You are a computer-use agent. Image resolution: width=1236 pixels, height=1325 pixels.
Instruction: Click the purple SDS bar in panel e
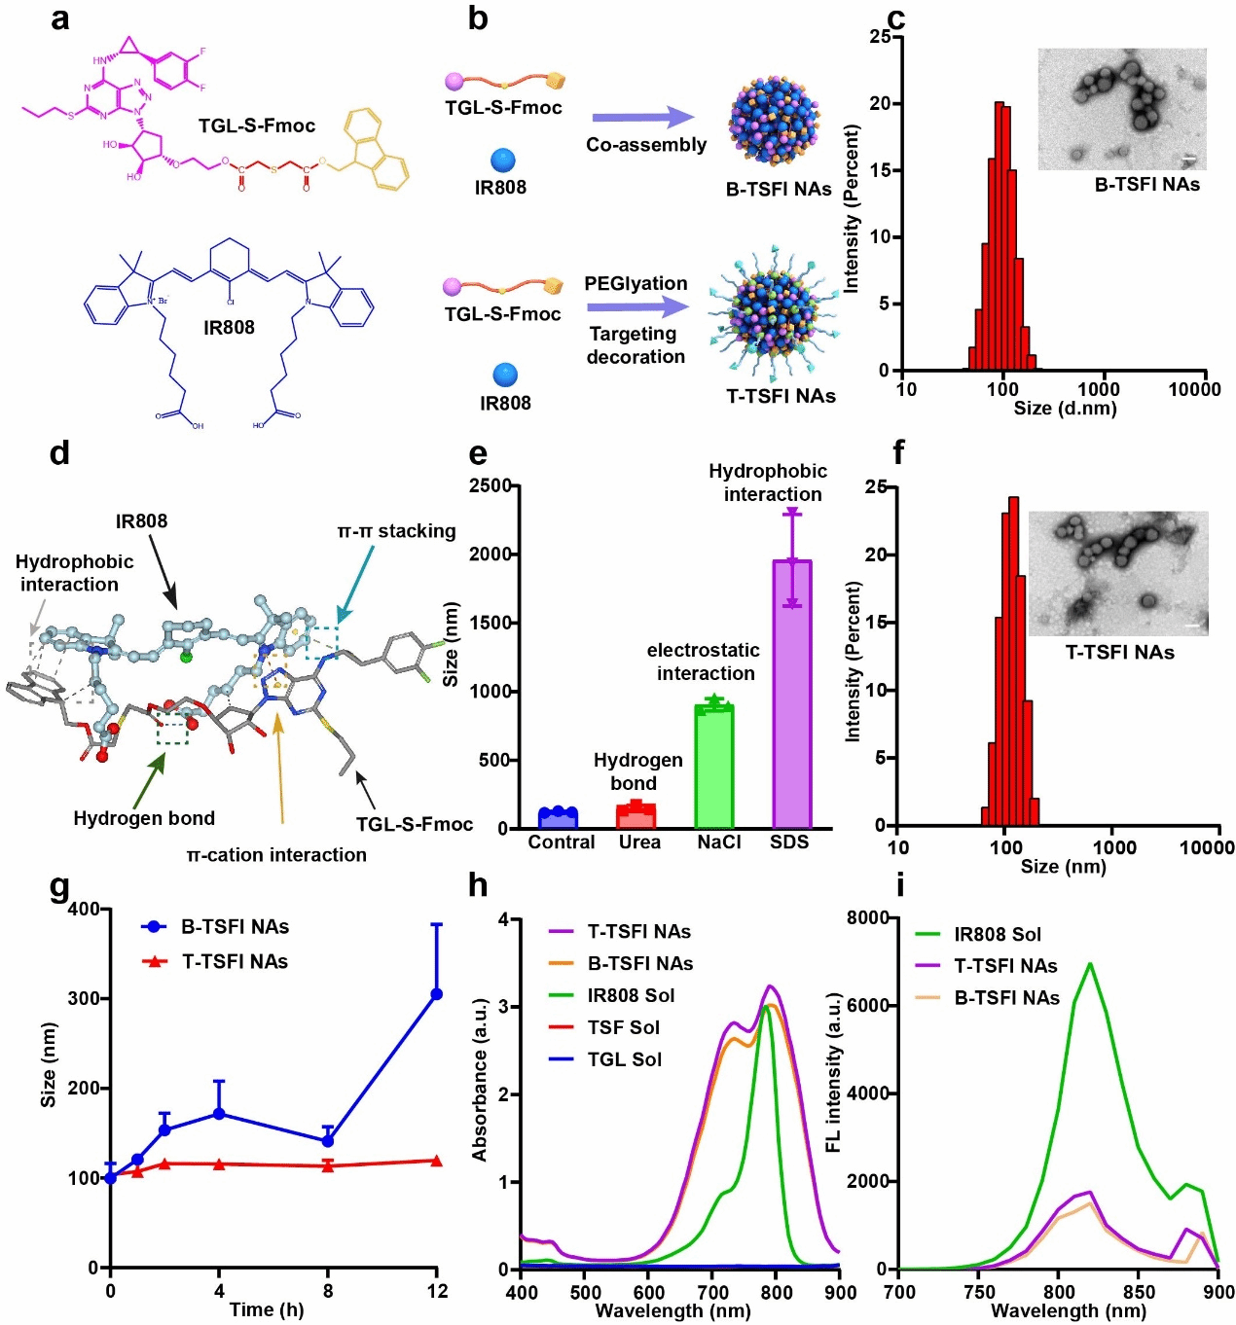click(791, 696)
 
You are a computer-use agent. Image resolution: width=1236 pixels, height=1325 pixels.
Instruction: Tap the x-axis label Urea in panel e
click(639, 842)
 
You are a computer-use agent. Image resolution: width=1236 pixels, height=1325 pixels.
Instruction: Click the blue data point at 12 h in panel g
click(436, 993)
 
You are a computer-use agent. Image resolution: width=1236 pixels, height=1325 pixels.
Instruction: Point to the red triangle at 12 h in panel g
click(436, 1161)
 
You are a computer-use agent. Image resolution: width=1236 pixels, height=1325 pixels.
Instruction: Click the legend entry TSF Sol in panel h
click(623, 1027)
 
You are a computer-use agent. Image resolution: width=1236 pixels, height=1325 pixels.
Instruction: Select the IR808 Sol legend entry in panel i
click(997, 934)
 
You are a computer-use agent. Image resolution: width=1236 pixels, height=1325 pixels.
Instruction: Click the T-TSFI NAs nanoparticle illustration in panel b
click(775, 306)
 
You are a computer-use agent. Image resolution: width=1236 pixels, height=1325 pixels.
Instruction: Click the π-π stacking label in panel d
click(396, 531)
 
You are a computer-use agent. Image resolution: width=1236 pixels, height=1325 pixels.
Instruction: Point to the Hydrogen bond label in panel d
click(144, 818)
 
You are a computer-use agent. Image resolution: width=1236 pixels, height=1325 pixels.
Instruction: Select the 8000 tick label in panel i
click(867, 917)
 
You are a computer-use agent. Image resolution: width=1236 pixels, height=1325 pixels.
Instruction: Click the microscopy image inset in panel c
click(1121, 109)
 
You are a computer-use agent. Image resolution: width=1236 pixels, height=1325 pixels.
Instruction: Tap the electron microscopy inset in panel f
click(1117, 573)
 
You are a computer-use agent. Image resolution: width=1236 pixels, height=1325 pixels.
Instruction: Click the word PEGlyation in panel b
click(636, 283)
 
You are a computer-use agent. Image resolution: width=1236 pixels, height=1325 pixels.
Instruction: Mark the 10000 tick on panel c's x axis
click(1194, 389)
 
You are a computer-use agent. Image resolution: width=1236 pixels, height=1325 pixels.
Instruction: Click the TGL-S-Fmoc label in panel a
click(257, 125)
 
